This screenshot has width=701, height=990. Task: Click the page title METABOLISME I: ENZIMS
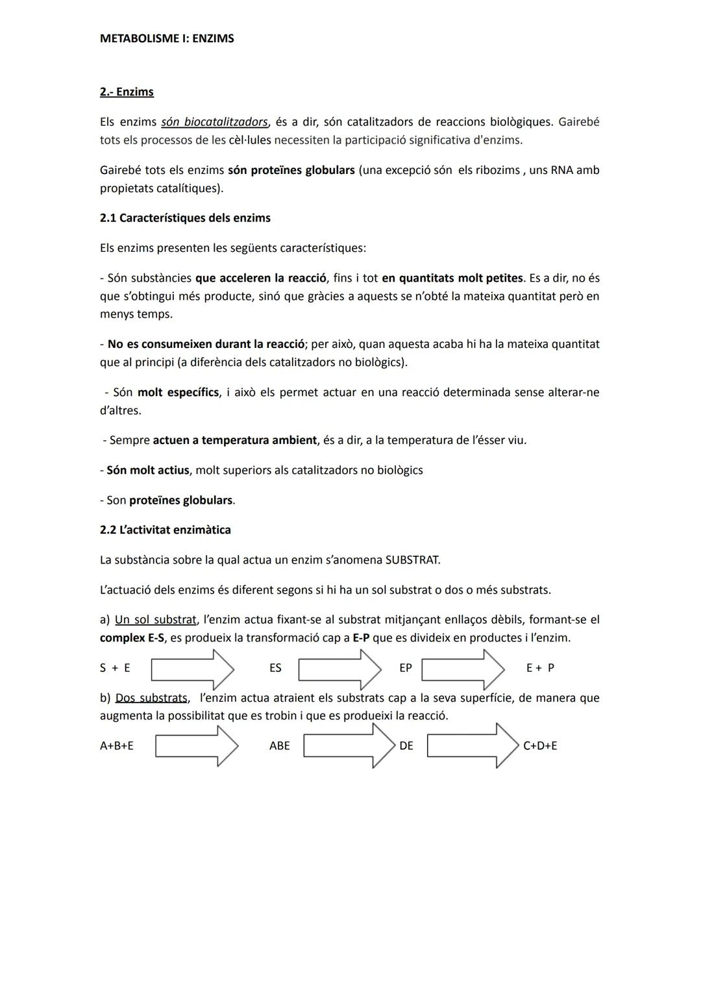[x=167, y=38]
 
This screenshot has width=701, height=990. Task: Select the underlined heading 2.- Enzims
[x=127, y=92]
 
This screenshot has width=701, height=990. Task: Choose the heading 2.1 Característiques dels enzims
[x=185, y=218]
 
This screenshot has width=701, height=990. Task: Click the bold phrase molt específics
[x=178, y=393]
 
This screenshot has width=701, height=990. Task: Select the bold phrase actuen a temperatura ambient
[x=234, y=440]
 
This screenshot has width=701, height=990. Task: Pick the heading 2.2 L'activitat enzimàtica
[x=165, y=530]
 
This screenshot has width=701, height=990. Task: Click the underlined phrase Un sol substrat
[x=155, y=620]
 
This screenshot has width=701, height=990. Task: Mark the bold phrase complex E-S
[x=132, y=638]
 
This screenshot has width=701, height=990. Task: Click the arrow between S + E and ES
[x=192, y=669]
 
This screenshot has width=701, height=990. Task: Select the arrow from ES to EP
[x=339, y=669]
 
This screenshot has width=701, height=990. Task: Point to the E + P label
[x=540, y=668]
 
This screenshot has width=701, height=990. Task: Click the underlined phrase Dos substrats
[x=151, y=698]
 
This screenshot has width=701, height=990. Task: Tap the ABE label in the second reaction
[x=280, y=746]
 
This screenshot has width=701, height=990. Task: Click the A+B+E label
[x=116, y=746]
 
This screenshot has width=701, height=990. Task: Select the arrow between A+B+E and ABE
[x=197, y=746]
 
